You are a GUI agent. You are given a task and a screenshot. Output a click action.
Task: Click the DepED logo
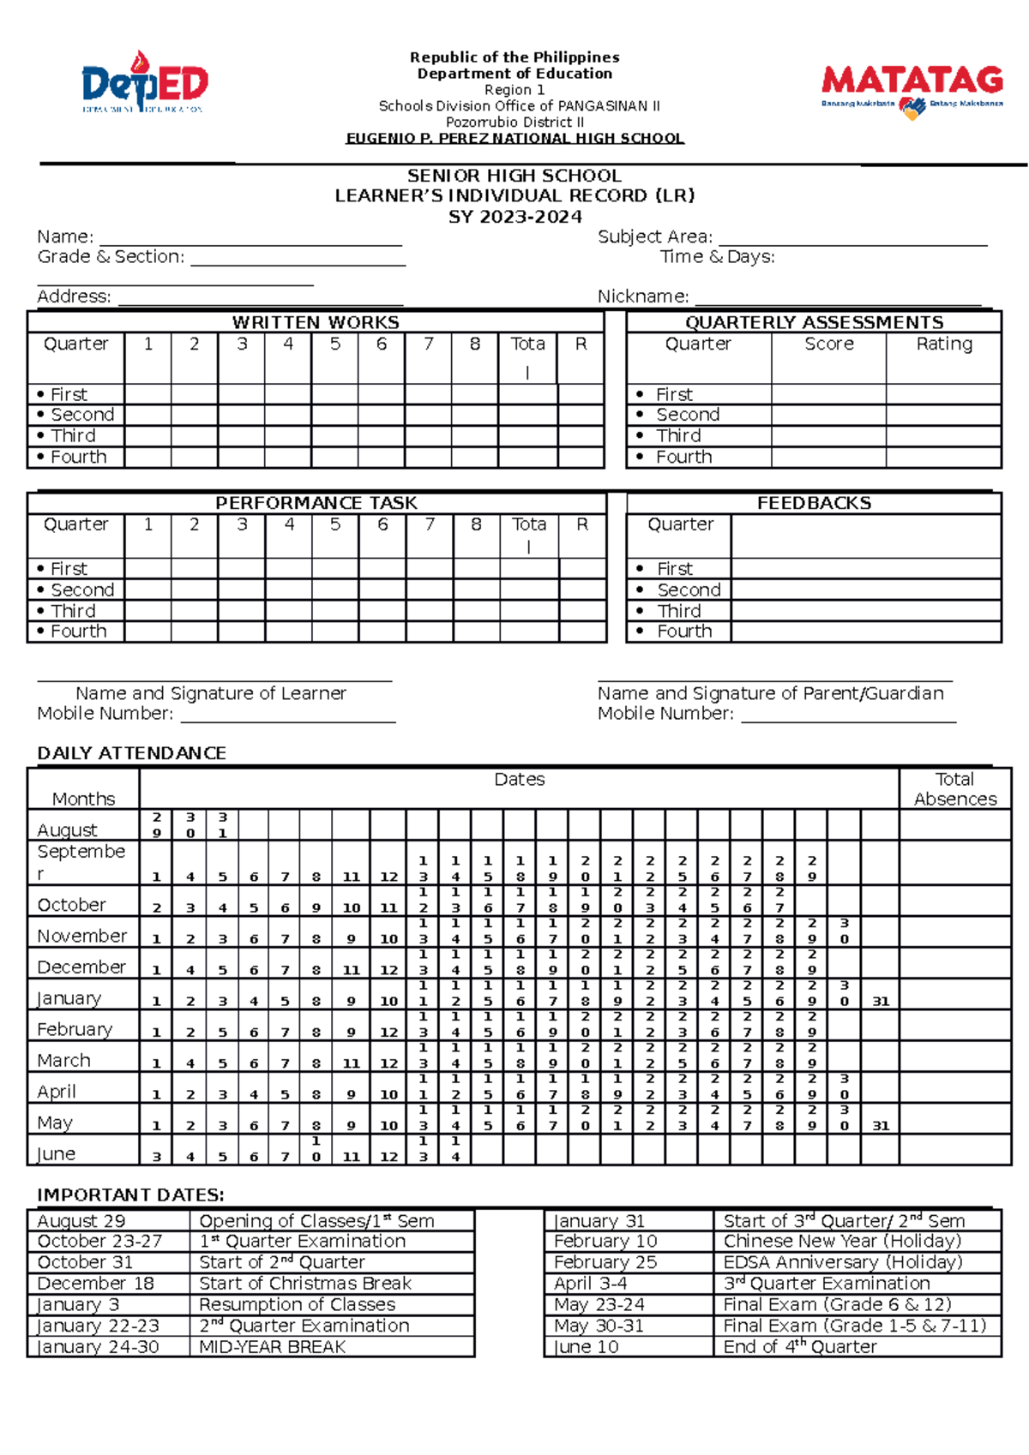[144, 83]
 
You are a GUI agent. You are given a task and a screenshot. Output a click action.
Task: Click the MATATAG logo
[912, 90]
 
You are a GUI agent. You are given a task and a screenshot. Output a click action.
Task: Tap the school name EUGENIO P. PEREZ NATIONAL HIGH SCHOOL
[514, 139]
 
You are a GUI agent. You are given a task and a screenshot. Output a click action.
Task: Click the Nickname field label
[642, 296]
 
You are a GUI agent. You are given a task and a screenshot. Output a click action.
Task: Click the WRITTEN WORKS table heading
[316, 323]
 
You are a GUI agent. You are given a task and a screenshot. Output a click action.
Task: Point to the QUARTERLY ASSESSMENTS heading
[814, 323]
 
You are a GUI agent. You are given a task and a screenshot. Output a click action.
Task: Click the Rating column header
[944, 344]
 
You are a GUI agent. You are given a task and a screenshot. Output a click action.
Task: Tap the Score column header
[828, 344]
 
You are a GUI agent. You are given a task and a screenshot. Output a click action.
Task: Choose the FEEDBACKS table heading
[814, 504]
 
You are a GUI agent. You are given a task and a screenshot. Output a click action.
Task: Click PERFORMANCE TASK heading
[316, 504]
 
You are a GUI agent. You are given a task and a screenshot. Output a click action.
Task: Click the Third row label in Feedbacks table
[679, 611]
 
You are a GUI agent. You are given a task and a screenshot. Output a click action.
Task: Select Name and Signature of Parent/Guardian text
[770, 693]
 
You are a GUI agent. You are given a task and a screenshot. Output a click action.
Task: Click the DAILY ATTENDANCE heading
[131, 753]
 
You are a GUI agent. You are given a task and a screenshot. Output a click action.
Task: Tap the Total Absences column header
[955, 789]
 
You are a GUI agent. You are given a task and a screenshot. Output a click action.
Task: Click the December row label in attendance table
[81, 967]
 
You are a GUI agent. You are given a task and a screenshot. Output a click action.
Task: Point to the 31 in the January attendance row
[881, 1001]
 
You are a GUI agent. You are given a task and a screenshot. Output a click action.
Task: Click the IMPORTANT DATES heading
[130, 1195]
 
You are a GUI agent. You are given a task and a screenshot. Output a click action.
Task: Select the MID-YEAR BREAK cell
[273, 1347]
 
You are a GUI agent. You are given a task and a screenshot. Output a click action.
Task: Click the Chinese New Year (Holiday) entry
[842, 1242]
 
